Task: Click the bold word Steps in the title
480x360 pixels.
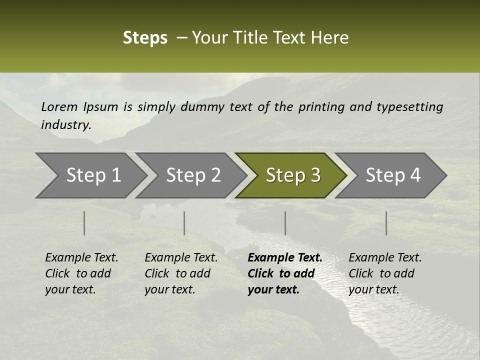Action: [x=145, y=38]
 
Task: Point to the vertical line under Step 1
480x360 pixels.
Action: [x=84, y=223]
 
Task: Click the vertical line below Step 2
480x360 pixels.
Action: [x=184, y=223]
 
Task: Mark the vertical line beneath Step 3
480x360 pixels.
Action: [x=285, y=223]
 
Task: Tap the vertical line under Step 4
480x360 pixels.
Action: [x=386, y=223]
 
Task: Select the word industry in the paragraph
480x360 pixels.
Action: [x=65, y=125]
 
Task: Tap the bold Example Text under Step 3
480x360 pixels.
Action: [x=285, y=258]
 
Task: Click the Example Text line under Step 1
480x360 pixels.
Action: [x=81, y=258]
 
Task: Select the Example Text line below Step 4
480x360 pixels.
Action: [x=385, y=258]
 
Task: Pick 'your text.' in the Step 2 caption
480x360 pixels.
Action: [x=170, y=289]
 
